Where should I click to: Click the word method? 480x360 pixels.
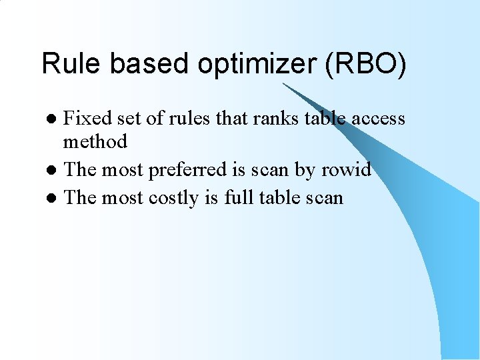pyautogui.click(x=95, y=141)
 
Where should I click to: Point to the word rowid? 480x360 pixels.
pyautogui.click(x=345, y=170)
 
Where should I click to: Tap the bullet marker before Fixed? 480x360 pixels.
pyautogui.click(x=56, y=120)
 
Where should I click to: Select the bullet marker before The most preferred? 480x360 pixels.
pyautogui.click(x=56, y=171)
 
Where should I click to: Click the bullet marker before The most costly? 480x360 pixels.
pyautogui.click(x=56, y=199)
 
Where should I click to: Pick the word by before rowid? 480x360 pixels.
pyautogui.click(x=304, y=171)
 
